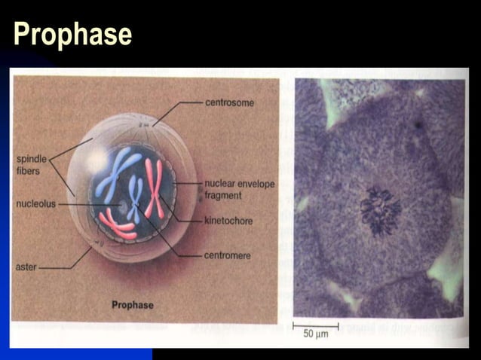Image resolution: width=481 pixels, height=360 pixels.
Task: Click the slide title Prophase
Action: tap(72, 34)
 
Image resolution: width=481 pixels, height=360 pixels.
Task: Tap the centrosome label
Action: tap(230, 102)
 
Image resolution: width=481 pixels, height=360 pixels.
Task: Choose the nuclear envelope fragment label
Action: tap(240, 189)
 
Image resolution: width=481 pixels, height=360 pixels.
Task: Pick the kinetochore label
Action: tap(228, 221)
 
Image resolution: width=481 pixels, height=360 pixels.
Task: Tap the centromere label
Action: tap(228, 255)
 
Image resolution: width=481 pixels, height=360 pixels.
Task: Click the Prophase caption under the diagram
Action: tap(132, 305)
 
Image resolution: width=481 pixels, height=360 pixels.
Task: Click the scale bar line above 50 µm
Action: tap(316, 325)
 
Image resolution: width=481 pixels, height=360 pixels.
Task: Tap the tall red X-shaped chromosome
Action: tap(154, 196)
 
